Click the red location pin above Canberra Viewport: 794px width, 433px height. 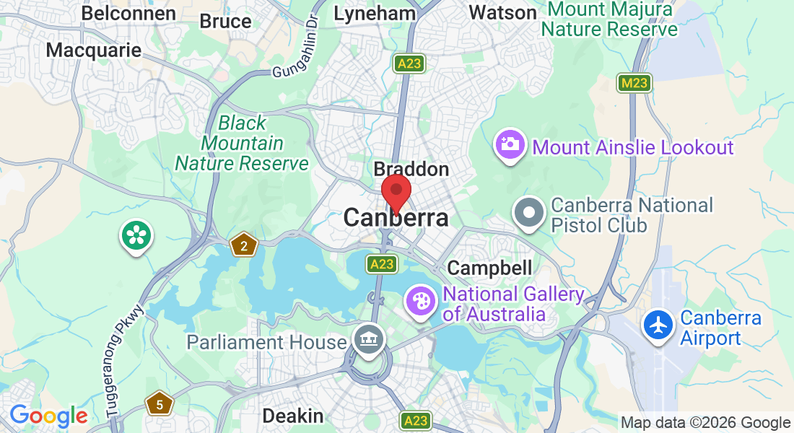point(396,192)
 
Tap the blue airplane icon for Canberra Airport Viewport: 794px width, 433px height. point(658,325)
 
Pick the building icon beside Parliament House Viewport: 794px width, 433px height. point(369,340)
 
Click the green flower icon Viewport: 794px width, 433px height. point(135,236)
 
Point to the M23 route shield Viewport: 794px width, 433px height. point(634,83)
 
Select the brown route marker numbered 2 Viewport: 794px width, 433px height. point(244,246)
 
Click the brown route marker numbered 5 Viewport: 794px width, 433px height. point(159,403)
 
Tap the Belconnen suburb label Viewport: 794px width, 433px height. point(128,13)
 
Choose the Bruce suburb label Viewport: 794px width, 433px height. point(225,22)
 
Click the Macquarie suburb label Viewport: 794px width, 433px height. point(93,50)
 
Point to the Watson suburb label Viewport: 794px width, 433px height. point(502,12)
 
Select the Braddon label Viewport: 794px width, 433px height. point(411,170)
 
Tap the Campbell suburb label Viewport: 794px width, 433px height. point(489,268)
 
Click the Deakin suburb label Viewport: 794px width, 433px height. point(292,416)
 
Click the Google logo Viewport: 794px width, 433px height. point(48,416)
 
